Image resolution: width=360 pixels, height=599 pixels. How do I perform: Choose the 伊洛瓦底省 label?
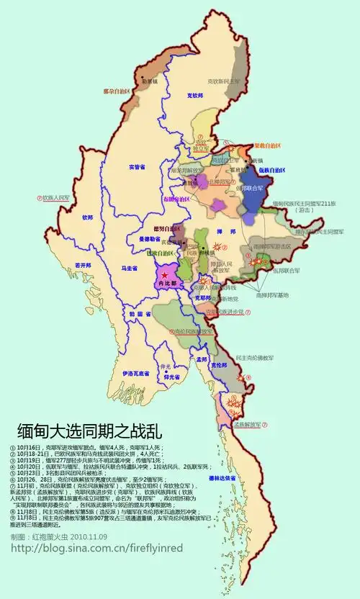[x=135, y=374]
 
